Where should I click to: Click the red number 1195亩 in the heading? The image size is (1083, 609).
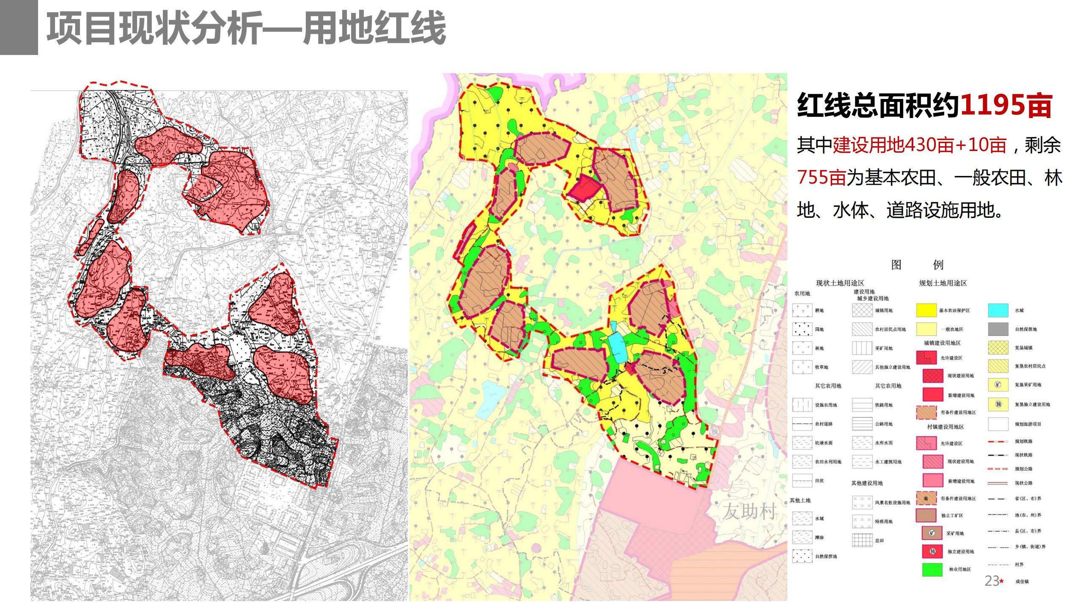point(1006,106)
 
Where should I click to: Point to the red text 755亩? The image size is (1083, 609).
point(821,178)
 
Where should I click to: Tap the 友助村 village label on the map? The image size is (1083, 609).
point(749,512)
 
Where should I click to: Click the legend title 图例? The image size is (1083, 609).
point(917,265)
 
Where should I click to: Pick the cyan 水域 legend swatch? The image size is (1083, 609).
point(998,310)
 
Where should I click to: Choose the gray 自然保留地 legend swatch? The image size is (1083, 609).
point(998,329)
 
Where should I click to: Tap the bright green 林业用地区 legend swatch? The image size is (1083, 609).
point(932,569)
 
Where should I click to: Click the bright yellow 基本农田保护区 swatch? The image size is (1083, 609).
point(926,310)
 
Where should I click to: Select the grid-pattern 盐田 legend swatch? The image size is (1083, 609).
point(862,540)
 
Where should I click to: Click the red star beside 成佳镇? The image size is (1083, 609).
point(1002,581)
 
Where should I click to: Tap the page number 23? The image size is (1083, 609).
point(991,581)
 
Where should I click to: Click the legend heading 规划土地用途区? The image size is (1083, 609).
point(943,283)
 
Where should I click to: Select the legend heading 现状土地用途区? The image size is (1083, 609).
point(840,283)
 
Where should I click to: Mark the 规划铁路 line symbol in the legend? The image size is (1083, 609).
point(998,442)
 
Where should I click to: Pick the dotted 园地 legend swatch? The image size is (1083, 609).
point(802,329)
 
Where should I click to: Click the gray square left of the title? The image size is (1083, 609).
point(19,27)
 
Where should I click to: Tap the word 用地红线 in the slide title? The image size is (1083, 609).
point(374,28)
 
